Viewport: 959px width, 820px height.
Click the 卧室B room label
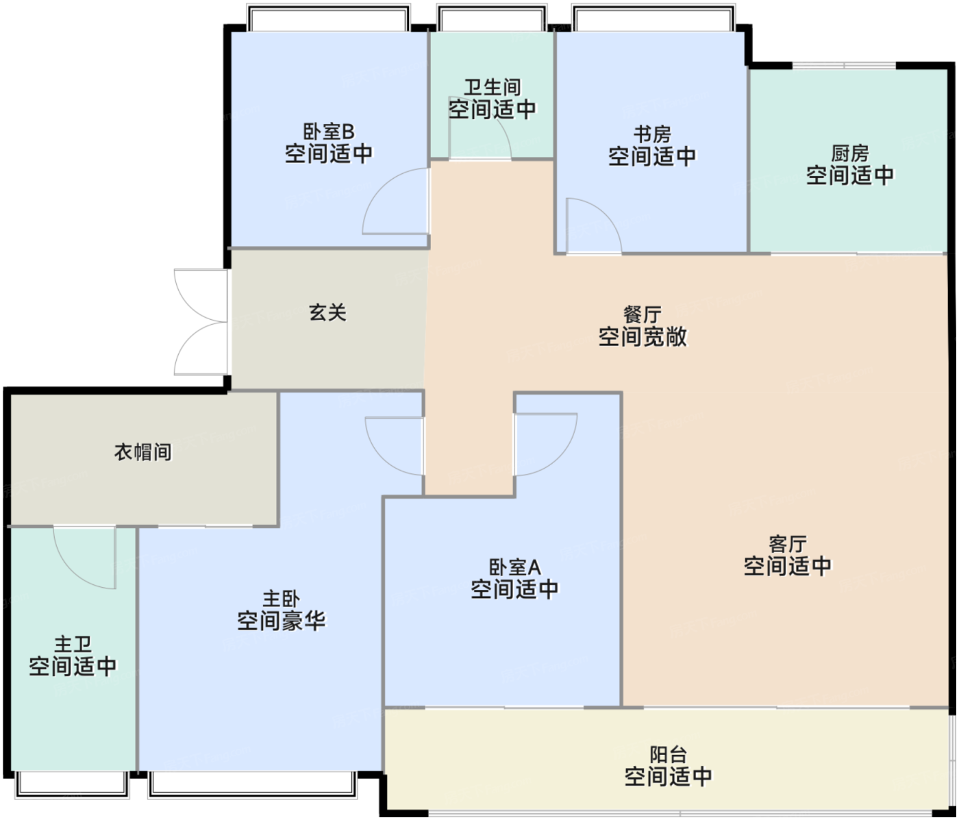pyautogui.click(x=329, y=132)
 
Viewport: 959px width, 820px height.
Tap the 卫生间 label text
pyautogui.click(x=493, y=87)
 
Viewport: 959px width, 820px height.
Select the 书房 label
pyautogui.click(x=652, y=134)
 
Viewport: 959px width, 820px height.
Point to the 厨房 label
pyautogui.click(x=849, y=153)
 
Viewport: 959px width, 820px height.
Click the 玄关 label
pyautogui.click(x=327, y=312)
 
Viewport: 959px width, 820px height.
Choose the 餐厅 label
pyautogui.click(x=642, y=314)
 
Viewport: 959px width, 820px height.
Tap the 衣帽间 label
pyautogui.click(x=143, y=452)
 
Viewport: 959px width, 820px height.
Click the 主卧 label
pyautogui.click(x=281, y=599)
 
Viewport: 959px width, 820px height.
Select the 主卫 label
pyautogui.click(x=73, y=644)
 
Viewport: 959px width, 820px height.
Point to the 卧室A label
pyautogui.click(x=514, y=567)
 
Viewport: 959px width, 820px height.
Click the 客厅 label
pyautogui.click(x=788, y=544)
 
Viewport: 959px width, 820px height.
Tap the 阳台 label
pyautogui.click(x=668, y=754)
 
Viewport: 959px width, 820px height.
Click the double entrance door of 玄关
pyautogui.click(x=201, y=322)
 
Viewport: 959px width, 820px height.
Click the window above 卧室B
pyautogui.click(x=329, y=18)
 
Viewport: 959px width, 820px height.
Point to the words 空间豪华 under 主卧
pyautogui.click(x=281, y=621)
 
